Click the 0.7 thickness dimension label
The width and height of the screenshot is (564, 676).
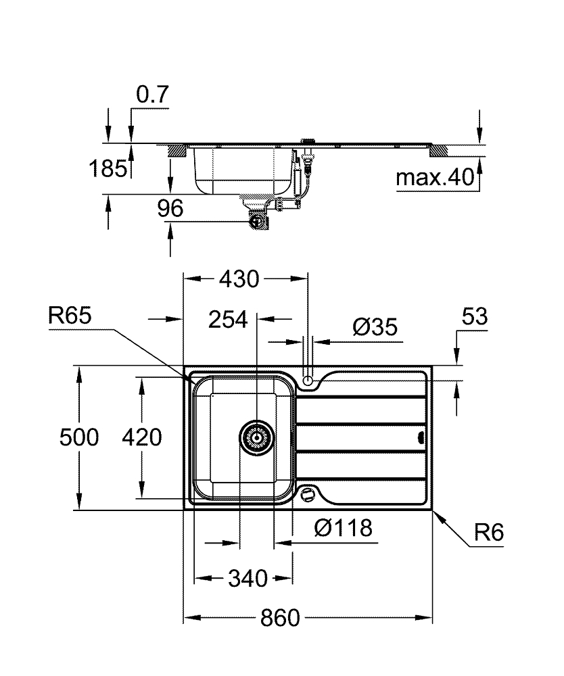151,95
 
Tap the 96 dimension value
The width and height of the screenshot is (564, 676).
170,209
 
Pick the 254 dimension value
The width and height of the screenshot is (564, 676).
229,320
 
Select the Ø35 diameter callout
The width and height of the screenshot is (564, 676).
375,328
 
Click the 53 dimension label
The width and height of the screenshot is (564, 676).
475,317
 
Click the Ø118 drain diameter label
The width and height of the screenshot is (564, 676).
344,527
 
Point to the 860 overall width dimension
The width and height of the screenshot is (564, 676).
279,618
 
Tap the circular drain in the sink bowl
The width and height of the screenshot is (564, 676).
257,437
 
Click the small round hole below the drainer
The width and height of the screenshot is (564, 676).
309,493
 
